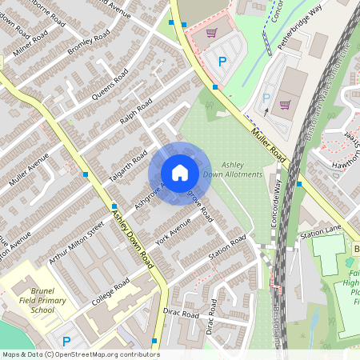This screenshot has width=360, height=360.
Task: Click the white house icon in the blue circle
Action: coord(179,173)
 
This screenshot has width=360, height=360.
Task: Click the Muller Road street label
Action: coord(267,141)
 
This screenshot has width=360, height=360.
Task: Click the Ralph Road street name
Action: coord(136,112)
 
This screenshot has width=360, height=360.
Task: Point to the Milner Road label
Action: coord(30,43)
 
